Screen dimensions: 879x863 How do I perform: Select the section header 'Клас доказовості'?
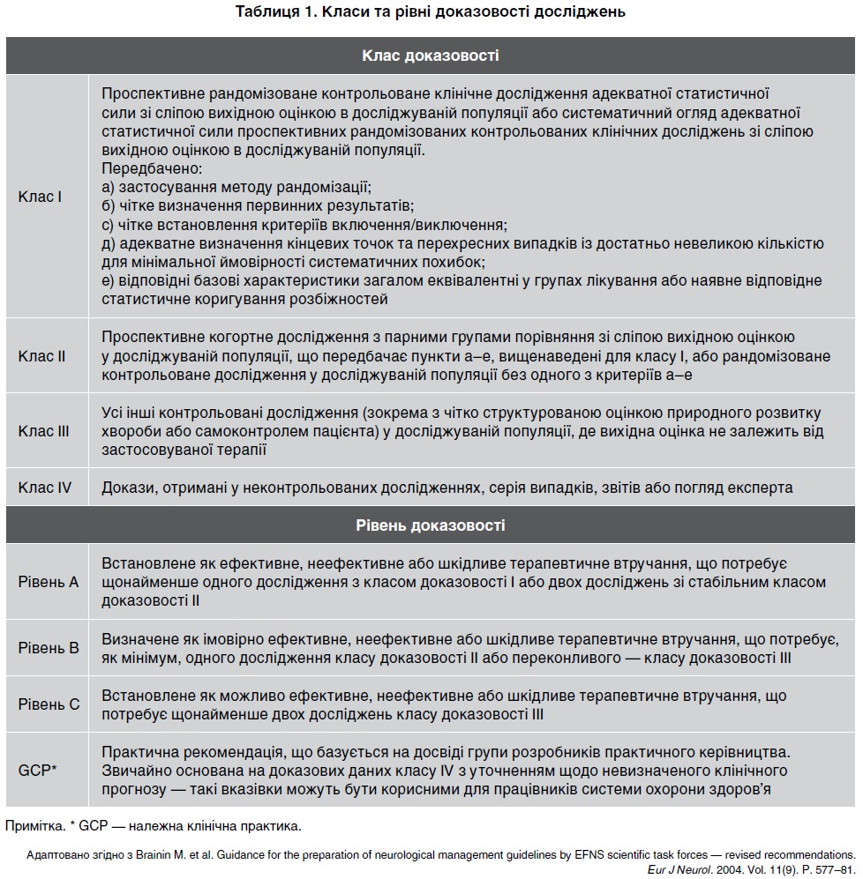431,56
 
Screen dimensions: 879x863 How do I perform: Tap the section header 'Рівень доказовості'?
431,525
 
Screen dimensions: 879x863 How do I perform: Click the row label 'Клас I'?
40,197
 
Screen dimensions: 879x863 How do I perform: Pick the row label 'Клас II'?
42,356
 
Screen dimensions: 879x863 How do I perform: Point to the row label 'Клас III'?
44,431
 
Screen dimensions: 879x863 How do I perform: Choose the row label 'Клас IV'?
45,488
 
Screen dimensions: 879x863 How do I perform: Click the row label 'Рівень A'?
49,582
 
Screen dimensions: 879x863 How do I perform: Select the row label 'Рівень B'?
49,647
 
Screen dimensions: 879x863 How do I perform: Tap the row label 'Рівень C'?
49,704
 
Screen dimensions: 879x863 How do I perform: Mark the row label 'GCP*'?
37,770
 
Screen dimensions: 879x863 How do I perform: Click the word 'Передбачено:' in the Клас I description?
141,168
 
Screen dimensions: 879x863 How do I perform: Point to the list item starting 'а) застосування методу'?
236,187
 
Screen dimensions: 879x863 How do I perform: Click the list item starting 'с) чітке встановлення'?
304,225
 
